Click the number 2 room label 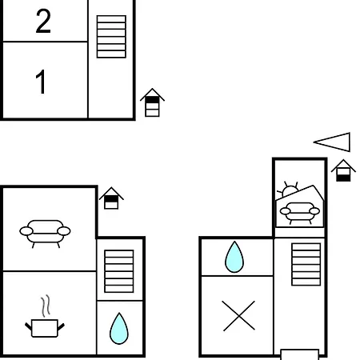[x=43, y=22]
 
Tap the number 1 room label [x=41, y=82]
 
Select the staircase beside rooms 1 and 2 [x=111, y=37]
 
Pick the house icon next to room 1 [x=152, y=102]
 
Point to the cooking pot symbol [x=45, y=328]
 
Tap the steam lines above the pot [x=46, y=306]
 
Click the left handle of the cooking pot [x=28, y=326]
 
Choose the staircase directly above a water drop [x=119, y=271]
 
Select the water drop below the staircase [x=119, y=329]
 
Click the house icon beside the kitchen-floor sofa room [x=111, y=198]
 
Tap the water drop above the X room [x=234, y=257]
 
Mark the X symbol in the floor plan [x=238, y=316]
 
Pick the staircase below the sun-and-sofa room [x=306, y=264]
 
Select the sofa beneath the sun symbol [x=300, y=213]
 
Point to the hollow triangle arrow [x=332, y=142]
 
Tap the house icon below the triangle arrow [x=343, y=171]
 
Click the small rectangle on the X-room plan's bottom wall [x=300, y=354]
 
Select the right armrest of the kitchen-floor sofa [x=64, y=231]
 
